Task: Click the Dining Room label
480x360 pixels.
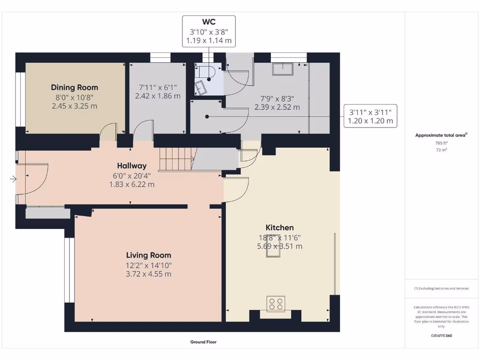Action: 75,87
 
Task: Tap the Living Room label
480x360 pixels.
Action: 149,255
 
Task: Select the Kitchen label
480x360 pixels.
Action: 280,227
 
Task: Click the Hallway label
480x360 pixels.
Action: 132,165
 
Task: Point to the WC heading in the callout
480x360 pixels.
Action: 209,22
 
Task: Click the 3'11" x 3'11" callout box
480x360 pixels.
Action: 370,116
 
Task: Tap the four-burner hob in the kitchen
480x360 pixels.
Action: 275,304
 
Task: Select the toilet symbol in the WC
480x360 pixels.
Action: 206,73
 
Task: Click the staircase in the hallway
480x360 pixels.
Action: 176,158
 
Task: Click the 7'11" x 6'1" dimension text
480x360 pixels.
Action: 157,87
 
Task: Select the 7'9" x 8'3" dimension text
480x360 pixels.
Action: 277,98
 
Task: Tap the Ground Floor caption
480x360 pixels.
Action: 203,342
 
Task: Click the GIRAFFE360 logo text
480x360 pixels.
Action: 441,336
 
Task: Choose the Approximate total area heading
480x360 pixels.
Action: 441,135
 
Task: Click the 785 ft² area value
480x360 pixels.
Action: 441,143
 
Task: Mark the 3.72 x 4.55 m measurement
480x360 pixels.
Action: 149,274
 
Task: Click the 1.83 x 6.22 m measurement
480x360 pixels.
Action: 132,185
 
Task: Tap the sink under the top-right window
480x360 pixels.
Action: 284,68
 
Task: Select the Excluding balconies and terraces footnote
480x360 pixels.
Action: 441,288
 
